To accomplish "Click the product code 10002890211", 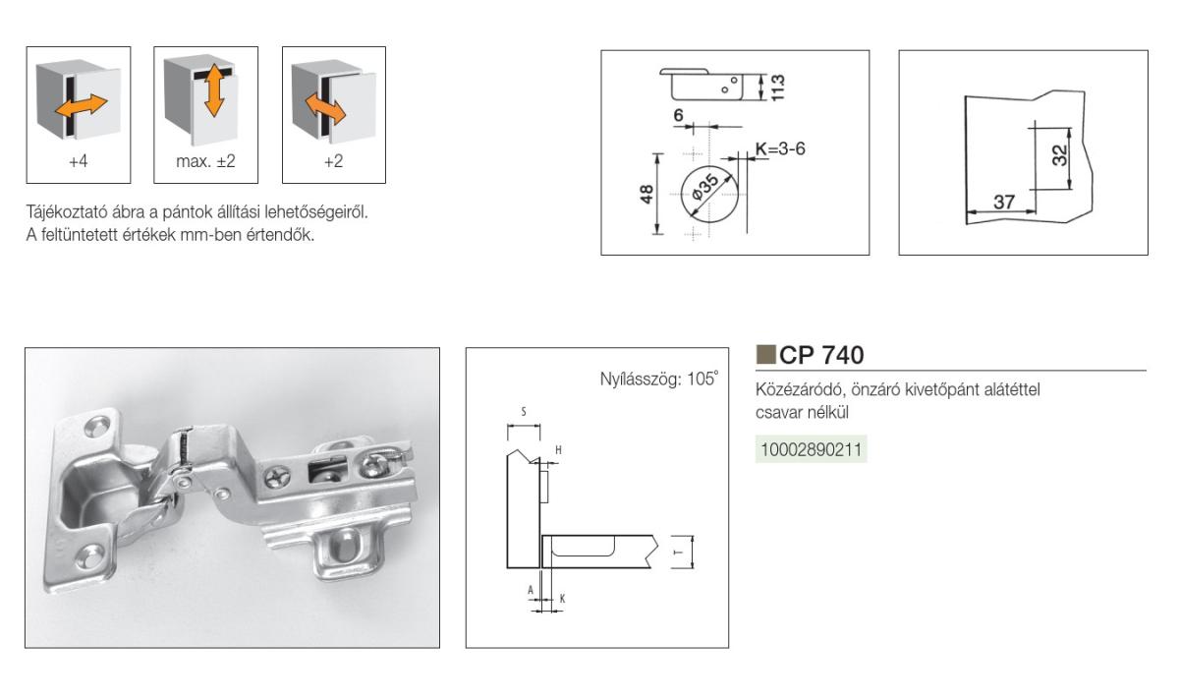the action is coord(812,450).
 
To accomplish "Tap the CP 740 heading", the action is coord(821,355).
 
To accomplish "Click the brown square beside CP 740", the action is coord(765,355).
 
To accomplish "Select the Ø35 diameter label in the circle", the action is coord(704,188).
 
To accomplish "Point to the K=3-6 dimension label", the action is coord(780,149).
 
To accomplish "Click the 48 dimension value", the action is coord(646,194).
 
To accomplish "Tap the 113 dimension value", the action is coord(777,87).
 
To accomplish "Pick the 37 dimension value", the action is coord(1004,202).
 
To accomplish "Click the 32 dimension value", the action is coord(1060,155).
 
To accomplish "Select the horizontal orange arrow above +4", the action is coord(81,106).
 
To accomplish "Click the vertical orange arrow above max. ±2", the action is coord(214,90).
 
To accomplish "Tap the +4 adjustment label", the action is coord(79,161).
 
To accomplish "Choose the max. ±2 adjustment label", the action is coord(205,161).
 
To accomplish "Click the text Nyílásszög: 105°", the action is coord(659,379).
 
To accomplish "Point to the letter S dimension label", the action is coord(523,412).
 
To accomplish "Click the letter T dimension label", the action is coord(679,552).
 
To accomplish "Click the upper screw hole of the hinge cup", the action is coord(97,427).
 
